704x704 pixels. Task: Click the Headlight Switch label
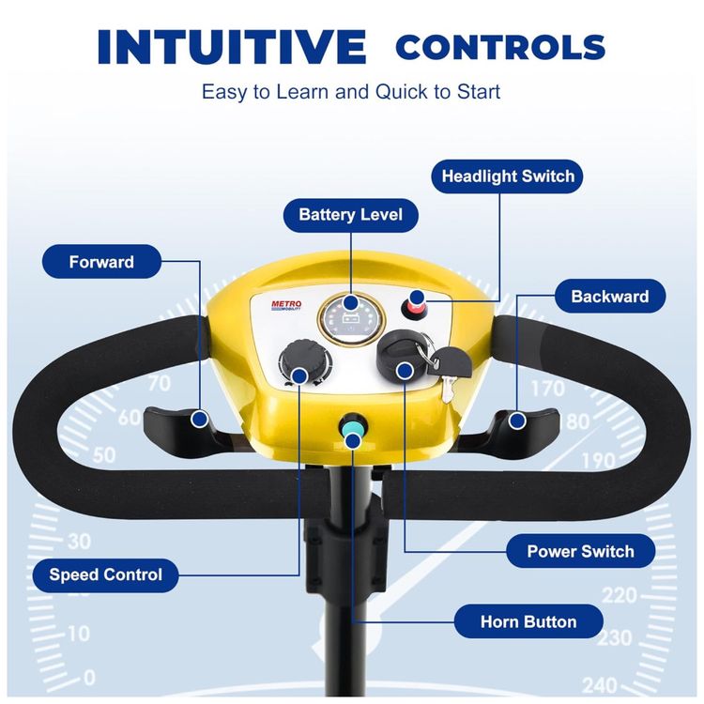507,176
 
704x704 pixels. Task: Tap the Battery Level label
351,215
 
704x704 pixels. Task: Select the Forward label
101,262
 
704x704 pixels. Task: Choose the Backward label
610,297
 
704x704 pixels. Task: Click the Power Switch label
580,551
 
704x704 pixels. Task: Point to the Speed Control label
105,575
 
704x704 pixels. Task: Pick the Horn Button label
528,621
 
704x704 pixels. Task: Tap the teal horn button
352,426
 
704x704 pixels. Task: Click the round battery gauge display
352,320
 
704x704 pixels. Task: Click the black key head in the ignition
449,362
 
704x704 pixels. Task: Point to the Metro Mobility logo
286,306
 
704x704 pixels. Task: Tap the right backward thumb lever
526,426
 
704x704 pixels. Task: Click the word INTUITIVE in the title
232,46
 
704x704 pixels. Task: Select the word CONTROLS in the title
500,47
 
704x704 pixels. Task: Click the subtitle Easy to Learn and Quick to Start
351,92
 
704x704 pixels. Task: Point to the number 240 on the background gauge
600,685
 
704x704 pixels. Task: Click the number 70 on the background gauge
160,383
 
